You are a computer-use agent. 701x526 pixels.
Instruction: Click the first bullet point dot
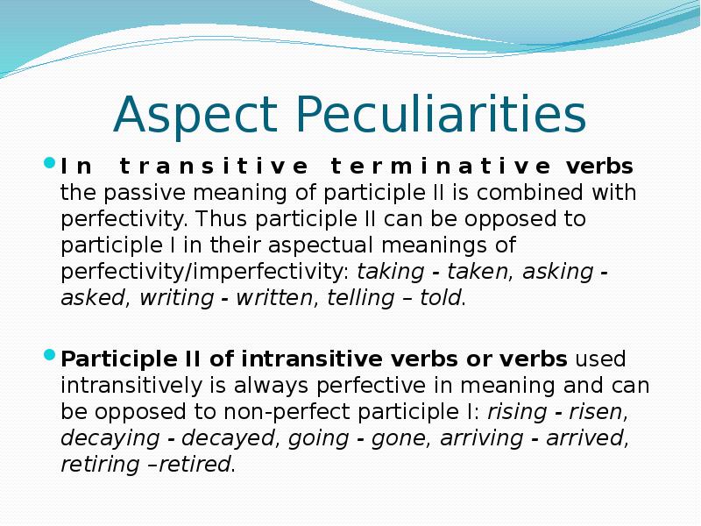coord(49,163)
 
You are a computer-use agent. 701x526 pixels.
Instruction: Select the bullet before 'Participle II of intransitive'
coord(49,356)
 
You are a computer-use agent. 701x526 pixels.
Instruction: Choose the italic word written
coord(273,298)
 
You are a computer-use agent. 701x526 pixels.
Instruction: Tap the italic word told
coord(440,298)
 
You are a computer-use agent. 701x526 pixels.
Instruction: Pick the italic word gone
coord(398,438)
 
